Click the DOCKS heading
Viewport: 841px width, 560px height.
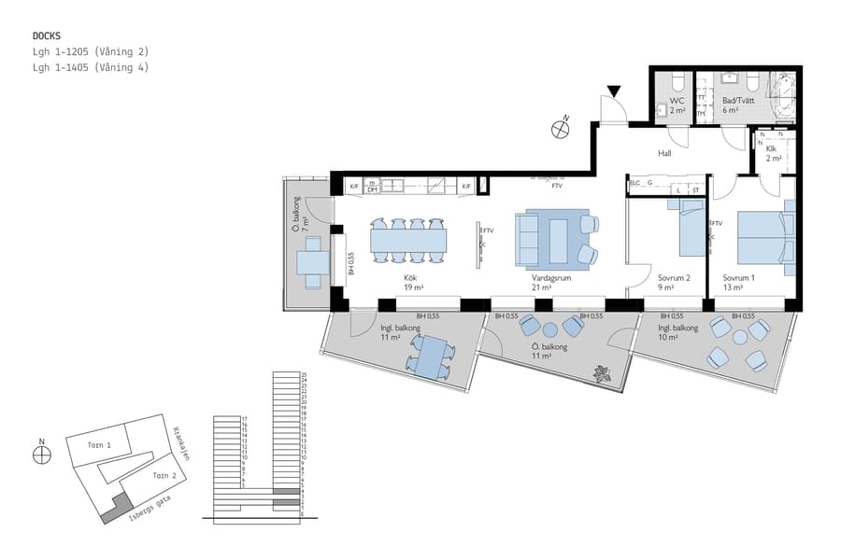click(x=47, y=35)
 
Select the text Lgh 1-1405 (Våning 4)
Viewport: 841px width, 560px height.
click(x=91, y=67)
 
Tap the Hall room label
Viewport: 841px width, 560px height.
click(x=664, y=154)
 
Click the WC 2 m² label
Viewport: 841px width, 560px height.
click(x=677, y=105)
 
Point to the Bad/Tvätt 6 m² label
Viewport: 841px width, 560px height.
click(x=738, y=105)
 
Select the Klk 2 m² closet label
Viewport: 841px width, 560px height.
click(x=773, y=154)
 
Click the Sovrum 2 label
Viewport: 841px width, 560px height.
click(x=674, y=283)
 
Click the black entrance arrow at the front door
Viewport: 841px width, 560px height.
click(x=613, y=91)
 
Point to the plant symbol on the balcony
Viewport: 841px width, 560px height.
click(x=599, y=375)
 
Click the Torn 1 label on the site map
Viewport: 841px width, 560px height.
click(x=100, y=445)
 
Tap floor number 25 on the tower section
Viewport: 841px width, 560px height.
click(x=305, y=374)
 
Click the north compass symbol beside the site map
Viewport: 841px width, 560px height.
click(x=41, y=454)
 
